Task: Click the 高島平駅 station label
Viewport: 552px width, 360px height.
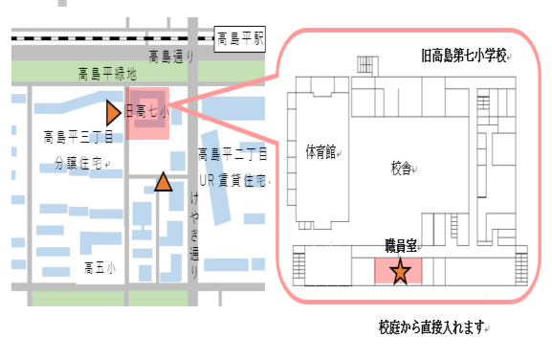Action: click(240, 40)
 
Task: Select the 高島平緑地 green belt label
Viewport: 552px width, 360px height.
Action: click(106, 73)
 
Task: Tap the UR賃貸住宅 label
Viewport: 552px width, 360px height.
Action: click(233, 179)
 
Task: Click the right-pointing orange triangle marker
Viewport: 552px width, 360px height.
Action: click(113, 112)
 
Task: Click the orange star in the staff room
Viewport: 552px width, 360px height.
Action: click(400, 272)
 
